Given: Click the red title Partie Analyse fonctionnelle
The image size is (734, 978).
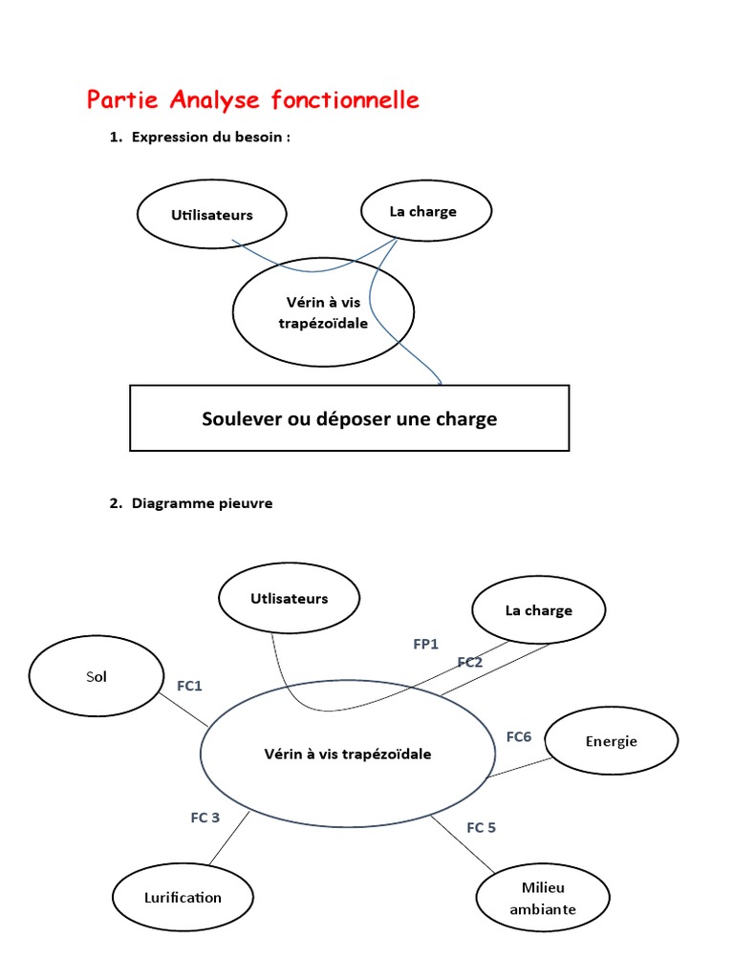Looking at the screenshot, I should click(252, 99).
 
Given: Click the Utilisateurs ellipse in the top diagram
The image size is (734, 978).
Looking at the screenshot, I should click(212, 215).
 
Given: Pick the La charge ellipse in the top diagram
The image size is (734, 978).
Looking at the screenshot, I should click(423, 211).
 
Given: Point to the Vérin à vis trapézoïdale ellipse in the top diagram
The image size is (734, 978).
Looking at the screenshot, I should click(323, 312).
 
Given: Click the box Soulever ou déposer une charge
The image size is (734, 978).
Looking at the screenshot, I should click(349, 418).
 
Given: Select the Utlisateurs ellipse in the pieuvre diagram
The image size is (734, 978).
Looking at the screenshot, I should click(289, 599).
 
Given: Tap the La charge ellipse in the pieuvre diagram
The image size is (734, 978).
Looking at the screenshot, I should click(538, 610).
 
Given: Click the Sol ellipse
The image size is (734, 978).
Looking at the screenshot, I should click(97, 677).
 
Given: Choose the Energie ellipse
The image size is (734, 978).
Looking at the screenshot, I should click(611, 741).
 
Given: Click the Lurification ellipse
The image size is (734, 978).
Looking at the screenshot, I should click(183, 897).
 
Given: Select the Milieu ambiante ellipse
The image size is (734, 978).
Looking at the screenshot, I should click(542, 899).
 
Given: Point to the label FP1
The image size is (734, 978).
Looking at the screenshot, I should click(425, 645).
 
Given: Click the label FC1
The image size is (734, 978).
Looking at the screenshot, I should click(189, 685).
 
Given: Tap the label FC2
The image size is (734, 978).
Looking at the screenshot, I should click(469, 662).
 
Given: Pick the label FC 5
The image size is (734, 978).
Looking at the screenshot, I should click(481, 827).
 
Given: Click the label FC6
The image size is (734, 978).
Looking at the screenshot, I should click(518, 736).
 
